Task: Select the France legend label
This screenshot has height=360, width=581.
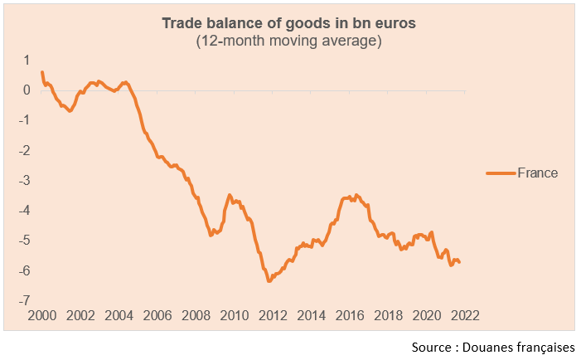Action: click(537, 173)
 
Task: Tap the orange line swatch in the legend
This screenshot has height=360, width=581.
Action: click(501, 173)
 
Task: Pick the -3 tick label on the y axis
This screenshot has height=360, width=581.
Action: click(26, 180)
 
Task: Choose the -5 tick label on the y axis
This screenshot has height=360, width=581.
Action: click(26, 241)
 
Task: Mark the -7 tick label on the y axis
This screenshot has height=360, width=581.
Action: click(26, 300)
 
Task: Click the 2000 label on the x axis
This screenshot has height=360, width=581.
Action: click(41, 316)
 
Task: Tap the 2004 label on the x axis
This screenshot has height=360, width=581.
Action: click(119, 316)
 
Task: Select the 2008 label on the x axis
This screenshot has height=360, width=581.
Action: click(196, 316)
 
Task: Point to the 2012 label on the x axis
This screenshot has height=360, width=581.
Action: click(273, 316)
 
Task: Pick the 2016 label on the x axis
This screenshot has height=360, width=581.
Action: click(349, 316)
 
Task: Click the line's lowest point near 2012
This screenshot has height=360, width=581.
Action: click(269, 281)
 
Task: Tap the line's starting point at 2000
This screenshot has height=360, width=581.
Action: click(41, 71)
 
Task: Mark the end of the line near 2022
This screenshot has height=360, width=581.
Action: click(460, 262)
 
